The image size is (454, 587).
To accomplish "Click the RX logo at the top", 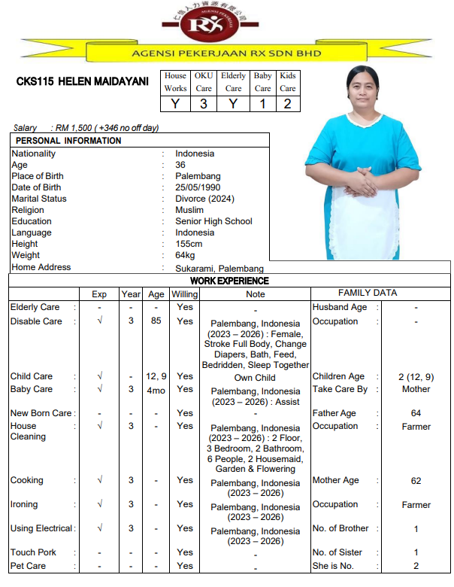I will (225, 26).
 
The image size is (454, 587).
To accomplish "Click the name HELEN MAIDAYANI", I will (82, 81).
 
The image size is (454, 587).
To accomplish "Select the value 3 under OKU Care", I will (204, 104).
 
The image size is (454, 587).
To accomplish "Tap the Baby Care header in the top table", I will (262, 82).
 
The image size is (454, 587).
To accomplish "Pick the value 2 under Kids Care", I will (287, 104).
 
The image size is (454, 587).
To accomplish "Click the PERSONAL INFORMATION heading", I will (68, 141).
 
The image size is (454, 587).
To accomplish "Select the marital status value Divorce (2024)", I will (205, 199).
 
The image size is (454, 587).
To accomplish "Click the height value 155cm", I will (189, 244).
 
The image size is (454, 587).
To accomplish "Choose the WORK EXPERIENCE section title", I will (229, 281).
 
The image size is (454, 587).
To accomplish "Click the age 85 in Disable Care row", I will (156, 321).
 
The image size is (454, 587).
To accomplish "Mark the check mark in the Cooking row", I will (99, 480).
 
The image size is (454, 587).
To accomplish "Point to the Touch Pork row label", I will (33, 552).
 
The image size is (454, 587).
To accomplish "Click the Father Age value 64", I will (416, 413).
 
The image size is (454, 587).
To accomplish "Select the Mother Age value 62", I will (416, 481).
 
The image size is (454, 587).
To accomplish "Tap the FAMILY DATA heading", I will (368, 293).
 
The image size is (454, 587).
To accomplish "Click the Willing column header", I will (185, 294).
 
